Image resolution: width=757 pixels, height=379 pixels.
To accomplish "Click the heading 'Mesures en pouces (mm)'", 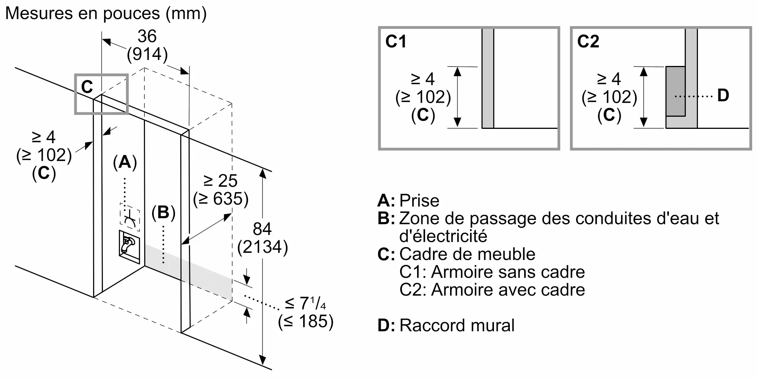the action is (106, 14).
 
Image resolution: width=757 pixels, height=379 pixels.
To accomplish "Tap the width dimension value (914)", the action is (147, 54).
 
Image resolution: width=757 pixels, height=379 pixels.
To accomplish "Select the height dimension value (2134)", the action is (263, 247).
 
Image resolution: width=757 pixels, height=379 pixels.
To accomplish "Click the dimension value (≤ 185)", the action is (306, 322).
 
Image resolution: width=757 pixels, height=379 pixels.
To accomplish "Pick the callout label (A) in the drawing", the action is (125, 163).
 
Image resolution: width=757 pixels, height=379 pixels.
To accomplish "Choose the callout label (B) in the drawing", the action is (164, 213).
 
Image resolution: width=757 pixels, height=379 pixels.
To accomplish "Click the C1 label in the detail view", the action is (396, 41).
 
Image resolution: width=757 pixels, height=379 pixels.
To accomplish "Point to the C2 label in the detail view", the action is (588, 41).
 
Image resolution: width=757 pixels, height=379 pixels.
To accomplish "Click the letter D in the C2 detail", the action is (723, 96).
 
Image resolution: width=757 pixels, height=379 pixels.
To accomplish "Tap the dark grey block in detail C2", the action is (676, 91).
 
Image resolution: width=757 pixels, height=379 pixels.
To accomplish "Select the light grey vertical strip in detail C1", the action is (488, 78).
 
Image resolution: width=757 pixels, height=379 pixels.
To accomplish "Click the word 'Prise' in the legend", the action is (419, 200).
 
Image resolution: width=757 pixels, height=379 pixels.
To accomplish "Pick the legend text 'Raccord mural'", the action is (457, 326).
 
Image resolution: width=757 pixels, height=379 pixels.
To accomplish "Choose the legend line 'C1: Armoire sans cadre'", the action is (492, 272).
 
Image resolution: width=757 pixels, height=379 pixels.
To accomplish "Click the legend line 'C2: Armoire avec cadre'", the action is (492, 290).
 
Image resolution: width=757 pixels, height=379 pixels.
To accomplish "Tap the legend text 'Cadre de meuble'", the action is (467, 254).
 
